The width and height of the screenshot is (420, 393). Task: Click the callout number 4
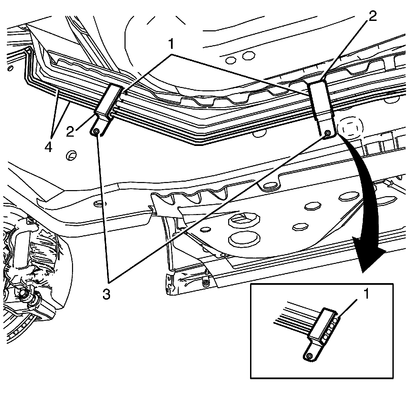click(48, 147)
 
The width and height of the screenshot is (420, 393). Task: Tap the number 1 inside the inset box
click(366, 294)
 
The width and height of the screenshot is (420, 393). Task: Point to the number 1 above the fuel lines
click(171, 44)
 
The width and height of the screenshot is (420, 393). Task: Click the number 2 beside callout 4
click(70, 131)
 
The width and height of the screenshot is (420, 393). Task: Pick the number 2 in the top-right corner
click(372, 16)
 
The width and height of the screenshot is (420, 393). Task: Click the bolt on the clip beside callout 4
click(96, 131)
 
